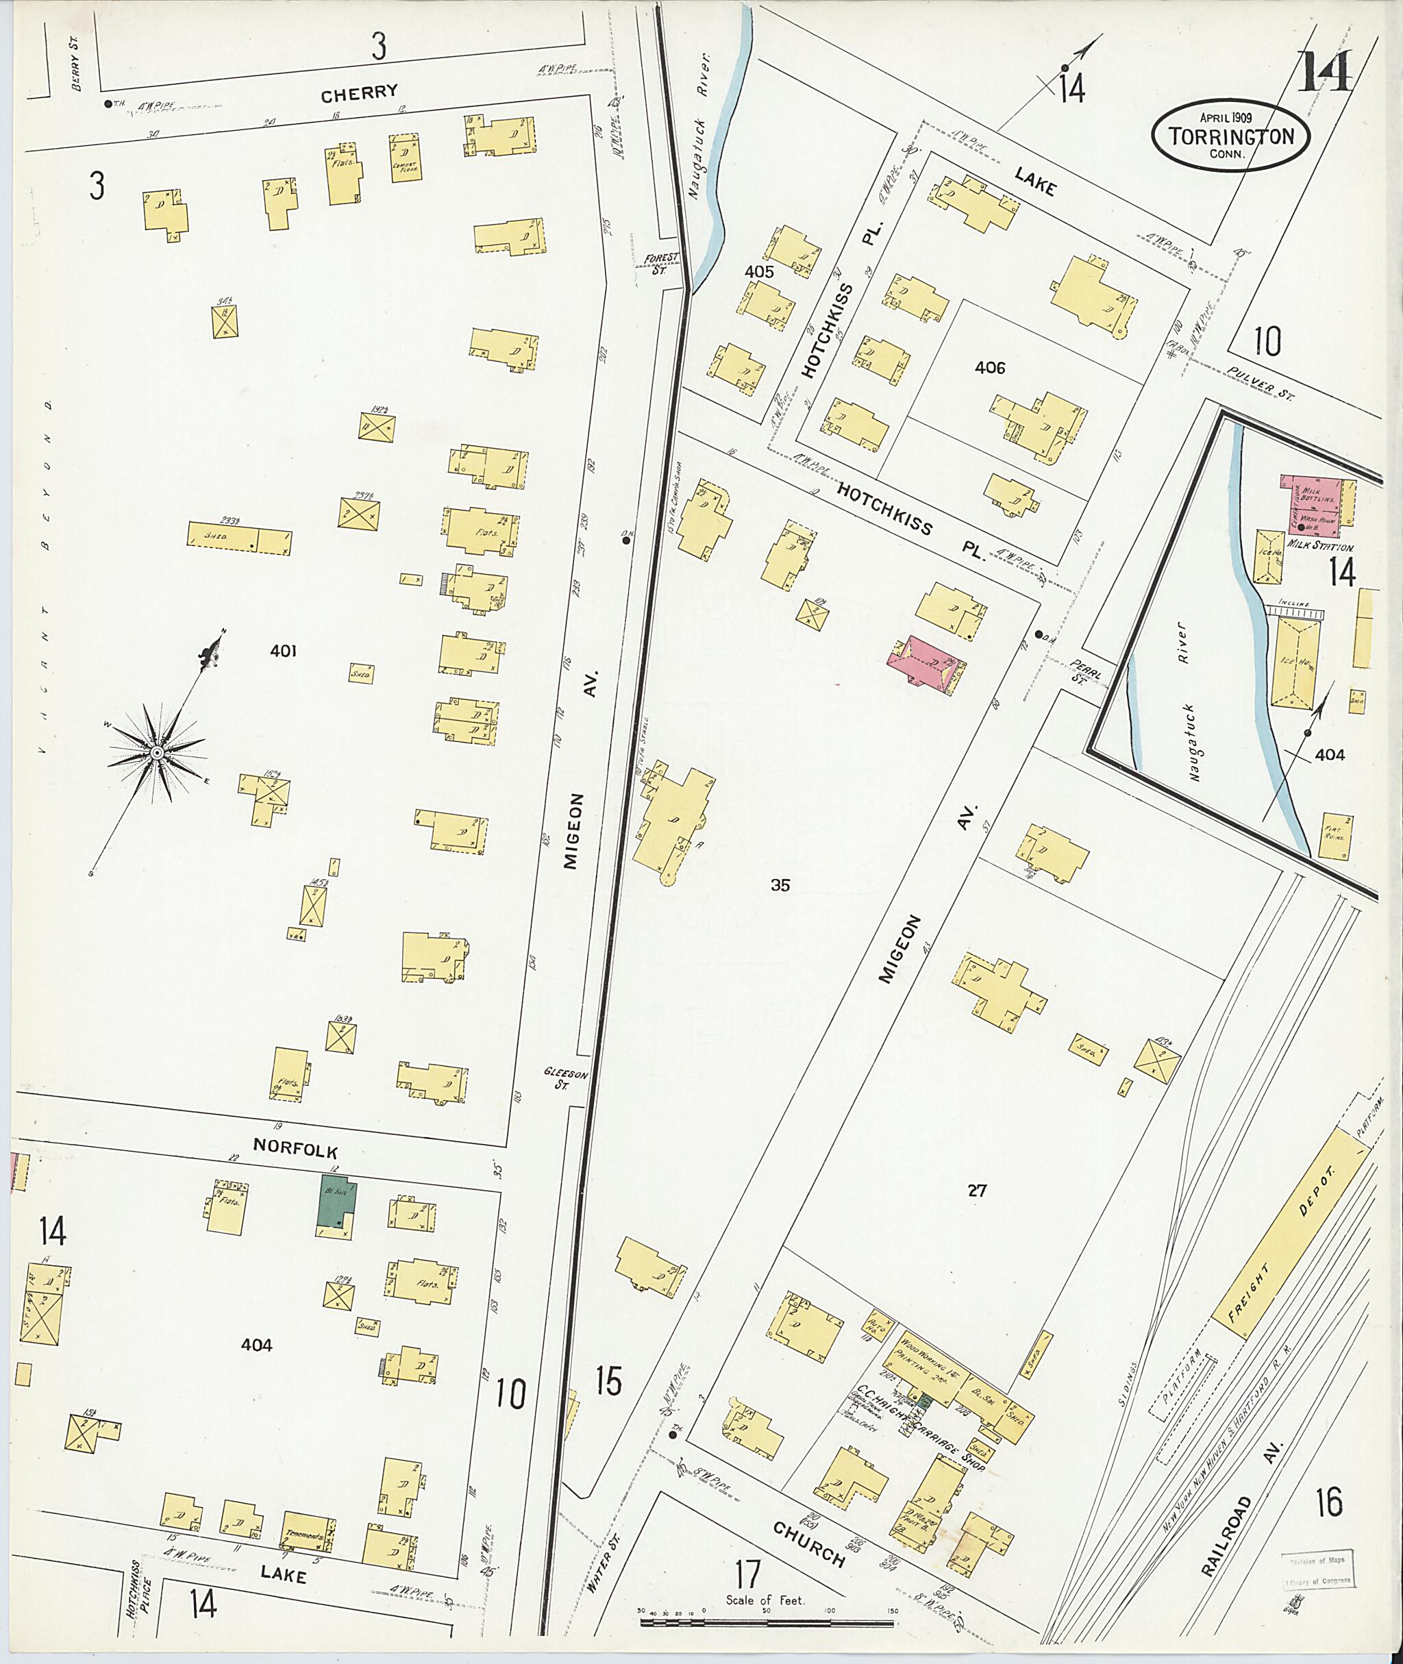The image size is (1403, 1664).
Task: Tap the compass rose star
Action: (158, 752)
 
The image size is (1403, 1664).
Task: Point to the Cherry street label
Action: (359, 93)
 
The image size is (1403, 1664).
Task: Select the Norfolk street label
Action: (295, 1151)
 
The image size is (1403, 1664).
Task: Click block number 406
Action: (989, 369)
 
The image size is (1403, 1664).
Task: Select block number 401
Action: (283, 651)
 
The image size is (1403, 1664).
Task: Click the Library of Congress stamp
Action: (1315, 1572)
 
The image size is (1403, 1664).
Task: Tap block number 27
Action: (977, 1191)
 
